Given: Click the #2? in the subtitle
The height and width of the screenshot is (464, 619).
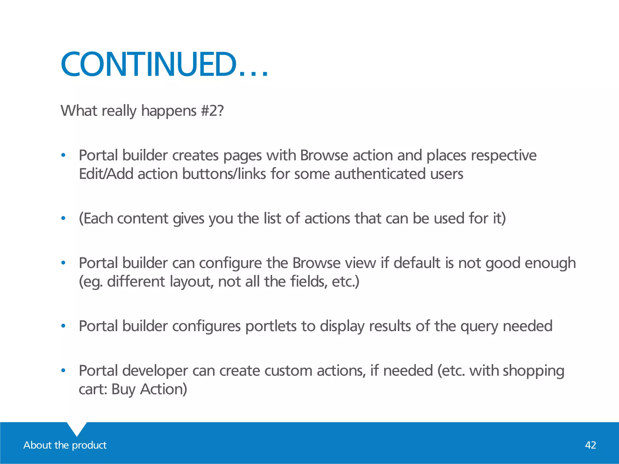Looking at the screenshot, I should pos(212,111).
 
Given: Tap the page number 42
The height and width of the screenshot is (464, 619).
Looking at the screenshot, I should pos(590,445).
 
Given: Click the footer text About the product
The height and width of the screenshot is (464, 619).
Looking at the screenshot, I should pos(65,445).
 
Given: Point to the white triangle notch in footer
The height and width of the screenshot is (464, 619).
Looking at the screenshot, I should pos(77,428).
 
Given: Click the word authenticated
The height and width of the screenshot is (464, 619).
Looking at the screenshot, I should pos(380,174).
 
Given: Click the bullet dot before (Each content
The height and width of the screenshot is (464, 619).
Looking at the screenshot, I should pos(63,218).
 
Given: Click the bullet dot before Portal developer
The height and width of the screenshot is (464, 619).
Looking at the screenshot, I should pos(63,371).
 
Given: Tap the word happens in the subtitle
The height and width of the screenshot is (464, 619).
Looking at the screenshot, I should pos(169,111).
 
